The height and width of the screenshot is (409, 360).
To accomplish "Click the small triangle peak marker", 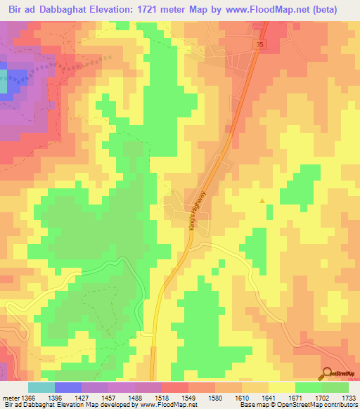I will coord(262,201).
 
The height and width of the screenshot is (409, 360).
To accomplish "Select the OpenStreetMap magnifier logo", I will coord(327,373).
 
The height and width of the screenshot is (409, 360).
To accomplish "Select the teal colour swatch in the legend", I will coord(41,387).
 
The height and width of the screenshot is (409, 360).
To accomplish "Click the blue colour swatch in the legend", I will coord(68,387).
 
